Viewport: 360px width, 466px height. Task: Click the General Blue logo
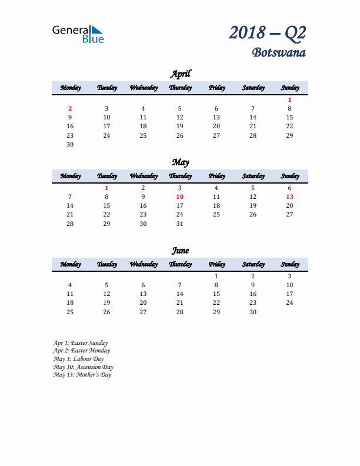tap(78, 34)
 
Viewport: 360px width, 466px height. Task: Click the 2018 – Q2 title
tap(268, 33)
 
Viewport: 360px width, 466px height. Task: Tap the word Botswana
tap(279, 53)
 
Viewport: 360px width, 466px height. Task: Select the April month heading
tap(180, 74)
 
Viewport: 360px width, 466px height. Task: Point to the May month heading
tap(180, 162)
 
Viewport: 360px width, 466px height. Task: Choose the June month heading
tap(180, 250)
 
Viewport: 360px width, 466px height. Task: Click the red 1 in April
tap(289, 99)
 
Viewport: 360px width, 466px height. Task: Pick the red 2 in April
tap(70, 108)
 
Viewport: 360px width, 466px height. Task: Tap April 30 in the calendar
tap(70, 144)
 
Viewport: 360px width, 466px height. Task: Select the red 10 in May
tap(180, 197)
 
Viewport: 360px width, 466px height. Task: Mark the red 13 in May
tap(289, 197)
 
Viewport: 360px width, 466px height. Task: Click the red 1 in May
tap(106, 188)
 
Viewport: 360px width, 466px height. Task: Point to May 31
tap(180, 224)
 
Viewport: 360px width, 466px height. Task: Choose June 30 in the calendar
tap(253, 312)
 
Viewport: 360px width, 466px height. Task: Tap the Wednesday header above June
tap(144, 264)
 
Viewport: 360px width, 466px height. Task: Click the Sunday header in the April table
tap(289, 88)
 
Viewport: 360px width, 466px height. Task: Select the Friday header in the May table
tap(216, 176)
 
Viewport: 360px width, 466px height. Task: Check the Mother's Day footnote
tap(82, 375)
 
